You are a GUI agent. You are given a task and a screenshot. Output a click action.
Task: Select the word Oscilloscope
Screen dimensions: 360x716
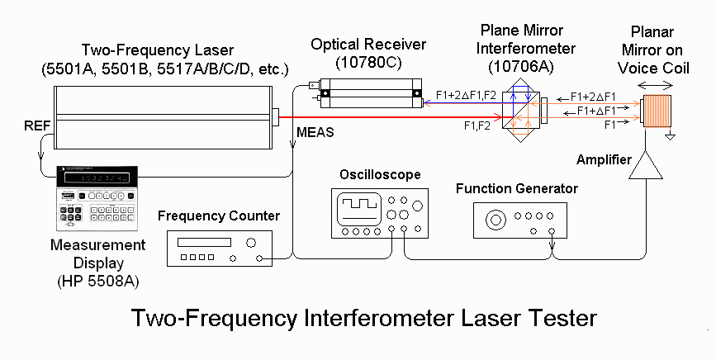(380, 175)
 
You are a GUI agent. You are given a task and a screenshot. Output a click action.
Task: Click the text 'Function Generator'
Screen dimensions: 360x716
(516, 189)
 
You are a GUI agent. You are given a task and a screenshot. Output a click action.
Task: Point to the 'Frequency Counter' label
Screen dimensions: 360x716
(219, 216)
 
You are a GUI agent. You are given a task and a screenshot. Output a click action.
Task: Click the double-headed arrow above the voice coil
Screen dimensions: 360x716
(657, 84)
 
